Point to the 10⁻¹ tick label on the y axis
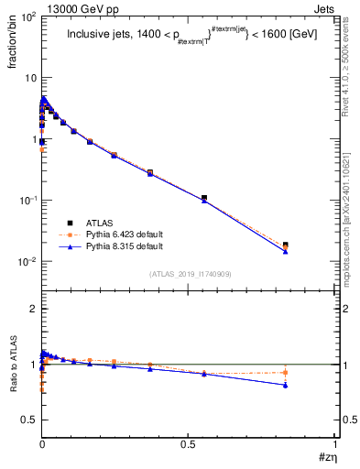click(26, 201)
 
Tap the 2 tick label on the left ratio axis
click(32, 309)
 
